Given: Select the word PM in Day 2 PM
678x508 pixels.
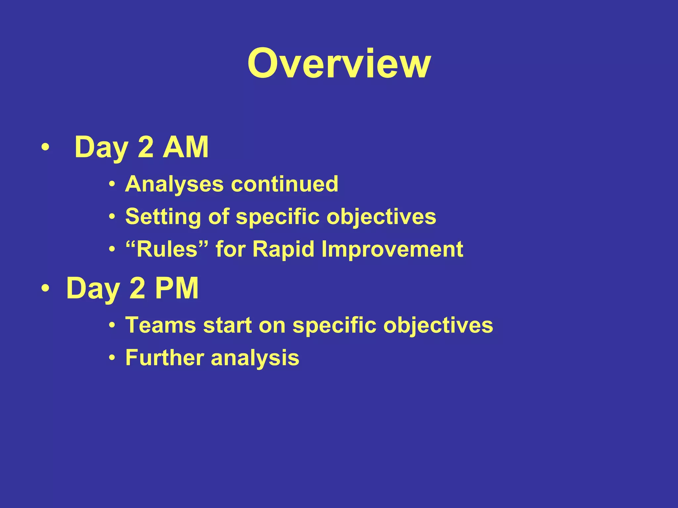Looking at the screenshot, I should [177, 288].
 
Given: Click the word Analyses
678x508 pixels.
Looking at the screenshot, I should [174, 184].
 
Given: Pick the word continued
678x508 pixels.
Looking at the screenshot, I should [284, 184].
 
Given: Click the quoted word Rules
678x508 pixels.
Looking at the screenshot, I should [167, 249].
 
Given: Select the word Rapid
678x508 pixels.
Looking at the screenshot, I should [283, 250].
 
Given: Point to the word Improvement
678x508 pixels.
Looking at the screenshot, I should [392, 249].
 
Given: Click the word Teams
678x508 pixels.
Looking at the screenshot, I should [161, 325].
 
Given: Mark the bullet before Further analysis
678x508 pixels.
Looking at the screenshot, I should [113, 358].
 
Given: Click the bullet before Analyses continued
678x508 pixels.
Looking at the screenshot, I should [113, 184].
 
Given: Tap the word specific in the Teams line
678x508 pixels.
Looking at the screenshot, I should [334, 326].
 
